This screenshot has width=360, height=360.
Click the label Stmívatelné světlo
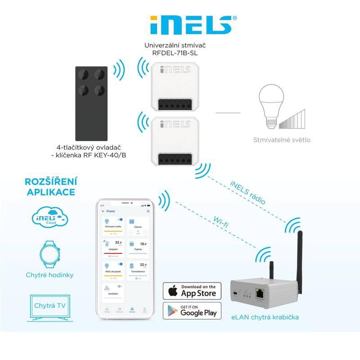point(281,139)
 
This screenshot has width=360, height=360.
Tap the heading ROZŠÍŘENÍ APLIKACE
point(50,187)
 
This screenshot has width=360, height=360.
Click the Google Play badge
point(192,310)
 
